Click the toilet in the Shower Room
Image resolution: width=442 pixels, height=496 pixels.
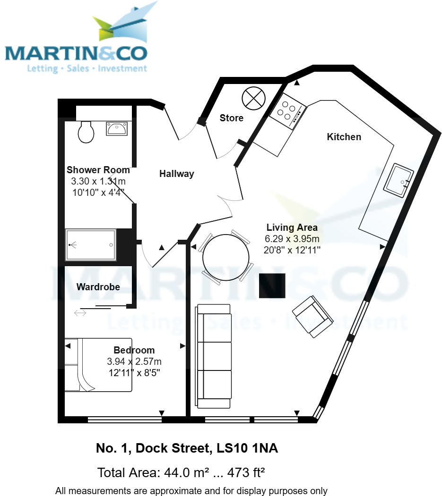[x=86, y=131]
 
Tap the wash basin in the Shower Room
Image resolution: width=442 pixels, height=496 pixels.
[x=116, y=128]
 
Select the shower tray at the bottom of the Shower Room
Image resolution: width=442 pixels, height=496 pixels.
[x=91, y=244]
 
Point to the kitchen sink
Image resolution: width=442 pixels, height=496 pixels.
[x=398, y=179]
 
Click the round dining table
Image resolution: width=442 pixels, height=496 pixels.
[x=225, y=258]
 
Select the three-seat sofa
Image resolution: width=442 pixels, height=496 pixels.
[x=214, y=356]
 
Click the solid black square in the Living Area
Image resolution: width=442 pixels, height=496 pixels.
[x=272, y=285]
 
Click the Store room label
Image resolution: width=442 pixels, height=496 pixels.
[x=232, y=118]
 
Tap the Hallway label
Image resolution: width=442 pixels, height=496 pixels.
[x=176, y=174]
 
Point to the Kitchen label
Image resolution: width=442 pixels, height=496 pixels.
[x=344, y=137]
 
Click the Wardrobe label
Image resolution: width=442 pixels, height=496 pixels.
[x=98, y=287]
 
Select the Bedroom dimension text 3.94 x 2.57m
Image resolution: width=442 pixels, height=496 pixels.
[x=134, y=361]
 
